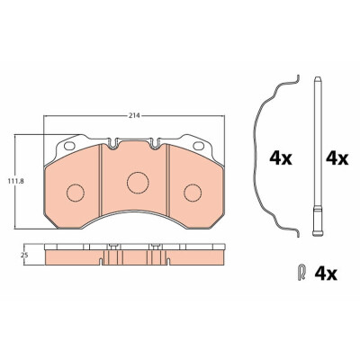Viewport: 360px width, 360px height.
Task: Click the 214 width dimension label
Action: [135, 116]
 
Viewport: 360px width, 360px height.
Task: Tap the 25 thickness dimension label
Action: [24, 256]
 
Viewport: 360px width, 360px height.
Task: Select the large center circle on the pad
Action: [138, 183]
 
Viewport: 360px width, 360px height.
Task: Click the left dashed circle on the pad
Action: [76, 193]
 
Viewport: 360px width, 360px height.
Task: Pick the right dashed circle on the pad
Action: [193, 193]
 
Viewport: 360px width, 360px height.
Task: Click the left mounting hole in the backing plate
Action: [69, 146]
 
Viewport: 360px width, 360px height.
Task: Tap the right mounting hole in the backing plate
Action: [198, 146]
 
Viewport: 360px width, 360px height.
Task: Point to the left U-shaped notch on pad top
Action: [112, 143]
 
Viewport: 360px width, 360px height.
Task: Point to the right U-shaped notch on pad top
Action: [155, 143]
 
